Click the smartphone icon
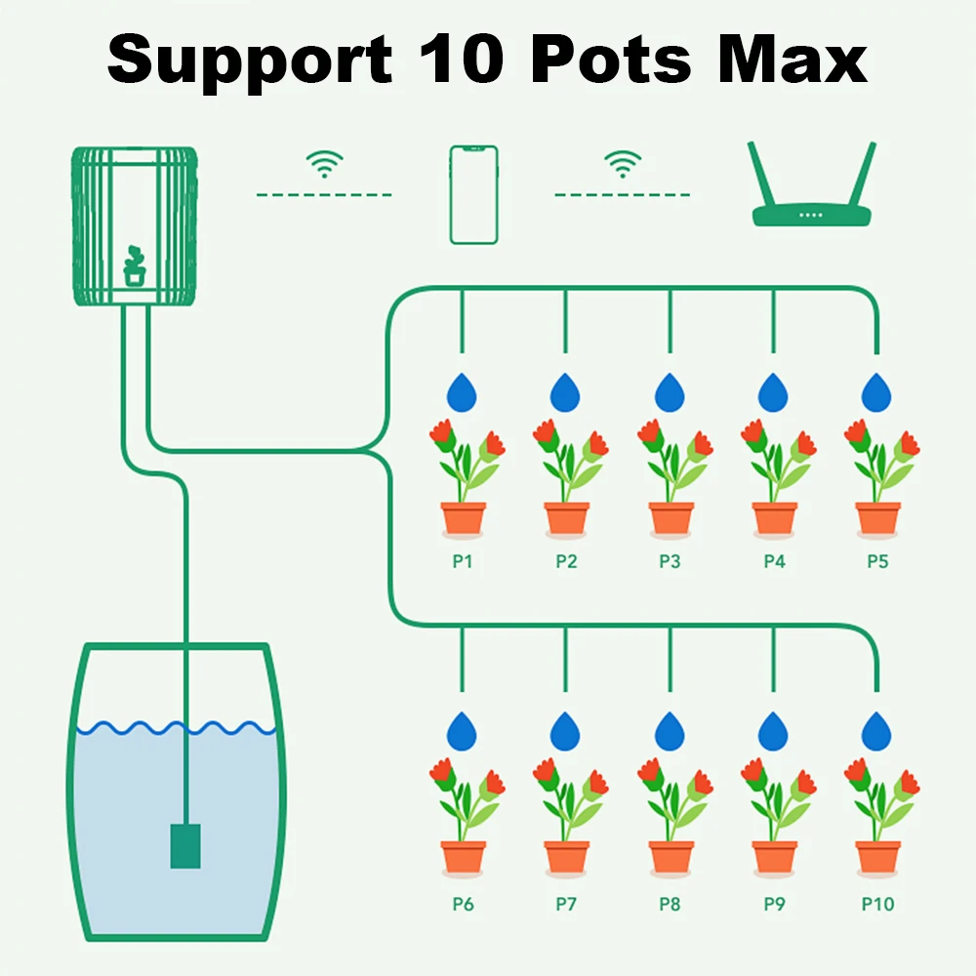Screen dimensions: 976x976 click(x=473, y=194)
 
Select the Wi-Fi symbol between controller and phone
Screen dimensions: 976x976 click(x=324, y=164)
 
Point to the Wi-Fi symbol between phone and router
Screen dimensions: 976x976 click(x=622, y=164)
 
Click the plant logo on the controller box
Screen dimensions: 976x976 click(x=135, y=265)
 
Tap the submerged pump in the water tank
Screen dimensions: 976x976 click(x=185, y=845)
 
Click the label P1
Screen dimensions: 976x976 click(x=463, y=562)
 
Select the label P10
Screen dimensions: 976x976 click(x=877, y=905)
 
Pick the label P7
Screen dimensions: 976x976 click(x=566, y=905)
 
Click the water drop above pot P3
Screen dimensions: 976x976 click(x=670, y=392)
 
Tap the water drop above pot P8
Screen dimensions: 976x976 click(x=670, y=731)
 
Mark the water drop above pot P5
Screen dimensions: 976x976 click(x=877, y=392)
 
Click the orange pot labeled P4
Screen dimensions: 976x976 click(x=775, y=518)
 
